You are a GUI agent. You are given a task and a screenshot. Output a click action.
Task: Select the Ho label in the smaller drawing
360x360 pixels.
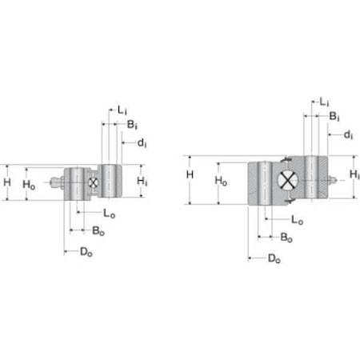tap(29, 184)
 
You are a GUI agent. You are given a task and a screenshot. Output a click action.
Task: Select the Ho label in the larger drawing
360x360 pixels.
tap(221, 182)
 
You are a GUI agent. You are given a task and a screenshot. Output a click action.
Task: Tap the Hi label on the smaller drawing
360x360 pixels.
tap(142, 182)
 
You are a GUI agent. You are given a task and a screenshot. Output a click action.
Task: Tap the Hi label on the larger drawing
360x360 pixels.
tap(354, 174)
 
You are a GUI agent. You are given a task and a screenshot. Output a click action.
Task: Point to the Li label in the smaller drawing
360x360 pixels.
tap(122, 108)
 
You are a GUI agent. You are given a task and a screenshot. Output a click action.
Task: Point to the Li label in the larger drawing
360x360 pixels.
tap(323, 102)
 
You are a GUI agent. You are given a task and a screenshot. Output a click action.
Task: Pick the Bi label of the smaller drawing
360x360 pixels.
tap(133, 125)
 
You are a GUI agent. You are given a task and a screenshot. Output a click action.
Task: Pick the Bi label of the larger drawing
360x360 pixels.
tap(333, 117)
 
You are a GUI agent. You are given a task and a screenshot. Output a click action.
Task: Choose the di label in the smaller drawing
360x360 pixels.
tap(142, 143)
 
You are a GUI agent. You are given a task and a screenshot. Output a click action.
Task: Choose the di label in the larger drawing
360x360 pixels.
tap(349, 134)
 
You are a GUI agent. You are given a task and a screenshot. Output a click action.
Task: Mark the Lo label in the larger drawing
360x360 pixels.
tap(298, 218)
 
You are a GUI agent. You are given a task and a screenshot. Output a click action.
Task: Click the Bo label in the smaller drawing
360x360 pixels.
tap(97, 230)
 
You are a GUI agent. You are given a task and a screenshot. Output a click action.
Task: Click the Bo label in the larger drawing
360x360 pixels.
tap(286, 237)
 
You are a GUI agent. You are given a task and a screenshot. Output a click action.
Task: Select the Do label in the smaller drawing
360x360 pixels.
tap(84, 252)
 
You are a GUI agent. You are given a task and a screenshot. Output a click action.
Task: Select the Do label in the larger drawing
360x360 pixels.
tap(274, 258)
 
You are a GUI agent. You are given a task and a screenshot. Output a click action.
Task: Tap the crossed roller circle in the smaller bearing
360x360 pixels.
tap(93, 183)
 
